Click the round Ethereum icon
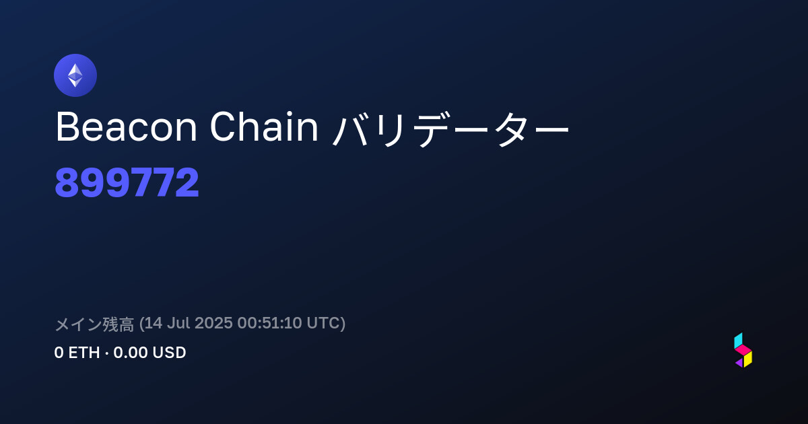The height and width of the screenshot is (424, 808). tap(75, 75)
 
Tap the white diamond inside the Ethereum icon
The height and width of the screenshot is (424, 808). tap(75, 75)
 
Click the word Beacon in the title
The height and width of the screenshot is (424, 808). tap(127, 127)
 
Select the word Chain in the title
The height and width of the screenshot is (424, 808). tap(264, 127)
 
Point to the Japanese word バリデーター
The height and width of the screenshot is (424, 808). tap(450, 129)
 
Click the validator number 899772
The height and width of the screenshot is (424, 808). tap(127, 182)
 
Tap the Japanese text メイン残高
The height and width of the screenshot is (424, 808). tap(94, 324)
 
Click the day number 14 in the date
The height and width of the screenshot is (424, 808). tap(153, 323)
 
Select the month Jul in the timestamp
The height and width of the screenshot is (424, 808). tap(178, 323)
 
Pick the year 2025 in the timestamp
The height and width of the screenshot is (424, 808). tap(213, 323)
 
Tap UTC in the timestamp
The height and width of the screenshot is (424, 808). tap(323, 323)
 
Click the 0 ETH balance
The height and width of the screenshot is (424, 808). tap(77, 353)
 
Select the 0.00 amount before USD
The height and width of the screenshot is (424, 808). tap(131, 353)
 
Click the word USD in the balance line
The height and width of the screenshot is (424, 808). tap(169, 353)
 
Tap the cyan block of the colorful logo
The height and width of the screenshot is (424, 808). tap(739, 341)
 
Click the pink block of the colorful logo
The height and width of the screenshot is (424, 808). tap(743, 350)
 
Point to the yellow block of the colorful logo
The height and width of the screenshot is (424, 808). tap(748, 359)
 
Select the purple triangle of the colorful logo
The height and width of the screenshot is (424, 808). tap(739, 363)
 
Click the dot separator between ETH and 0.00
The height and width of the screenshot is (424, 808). tap(107, 353)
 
